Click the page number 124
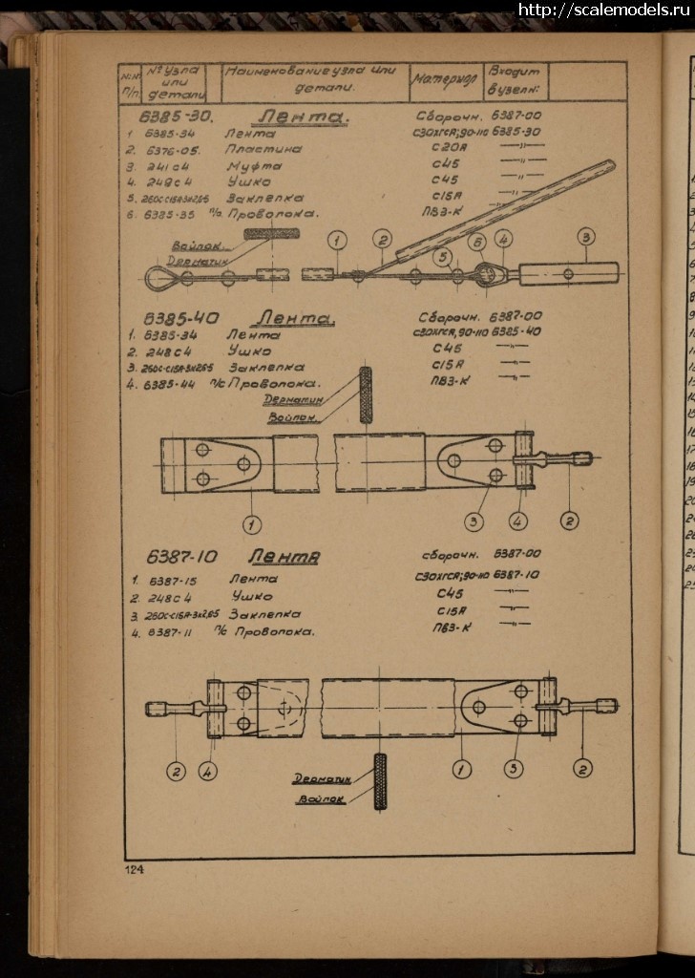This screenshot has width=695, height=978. click(x=132, y=869)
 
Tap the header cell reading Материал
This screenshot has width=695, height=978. click(x=445, y=81)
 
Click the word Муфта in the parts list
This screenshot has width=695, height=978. click(x=254, y=165)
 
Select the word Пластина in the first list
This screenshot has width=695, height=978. click(x=263, y=149)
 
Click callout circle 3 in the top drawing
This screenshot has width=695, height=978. click(x=585, y=237)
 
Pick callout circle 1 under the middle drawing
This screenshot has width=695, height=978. click(x=252, y=523)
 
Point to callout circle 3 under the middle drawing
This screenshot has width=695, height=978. click(x=474, y=521)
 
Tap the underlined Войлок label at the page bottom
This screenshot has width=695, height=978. click(x=321, y=799)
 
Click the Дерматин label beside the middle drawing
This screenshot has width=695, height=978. click(x=292, y=400)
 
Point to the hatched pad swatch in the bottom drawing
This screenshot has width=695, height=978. click(x=380, y=781)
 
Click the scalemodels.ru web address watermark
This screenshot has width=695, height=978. click(x=604, y=11)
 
